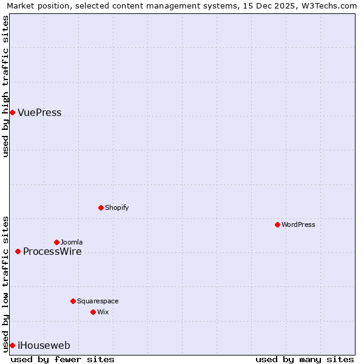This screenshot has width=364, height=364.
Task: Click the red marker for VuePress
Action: tap(12, 112)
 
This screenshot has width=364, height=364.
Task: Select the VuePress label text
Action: tap(39, 113)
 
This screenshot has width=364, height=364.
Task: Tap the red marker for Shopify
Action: tap(101, 207)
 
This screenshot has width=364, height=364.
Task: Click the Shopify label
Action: tap(116, 207)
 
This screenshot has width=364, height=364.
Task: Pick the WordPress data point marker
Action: tap(277, 224)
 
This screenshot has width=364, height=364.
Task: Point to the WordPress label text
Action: tap(298, 224)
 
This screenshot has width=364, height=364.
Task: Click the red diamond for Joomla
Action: tap(56, 242)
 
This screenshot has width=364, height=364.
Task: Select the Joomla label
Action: tap(72, 242)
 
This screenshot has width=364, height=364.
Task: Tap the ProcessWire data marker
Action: tap(18, 251)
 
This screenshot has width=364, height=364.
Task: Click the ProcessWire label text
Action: tap(52, 252)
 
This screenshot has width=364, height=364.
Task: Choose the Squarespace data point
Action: tap(73, 301)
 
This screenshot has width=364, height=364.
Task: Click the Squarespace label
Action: tap(98, 301)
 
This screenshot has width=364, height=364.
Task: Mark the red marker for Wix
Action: tap(93, 312)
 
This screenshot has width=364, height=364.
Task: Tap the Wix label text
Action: tap(103, 312)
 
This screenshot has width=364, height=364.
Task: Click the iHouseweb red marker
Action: tap(12, 345)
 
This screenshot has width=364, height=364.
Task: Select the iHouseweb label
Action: tap(44, 346)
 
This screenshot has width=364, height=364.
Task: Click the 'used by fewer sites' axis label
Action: tap(62, 359)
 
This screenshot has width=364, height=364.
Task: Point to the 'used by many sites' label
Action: tap(305, 359)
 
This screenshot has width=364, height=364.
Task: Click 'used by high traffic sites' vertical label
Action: tap(5, 86)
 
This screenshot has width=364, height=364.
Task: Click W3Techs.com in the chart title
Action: tap(333, 5)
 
